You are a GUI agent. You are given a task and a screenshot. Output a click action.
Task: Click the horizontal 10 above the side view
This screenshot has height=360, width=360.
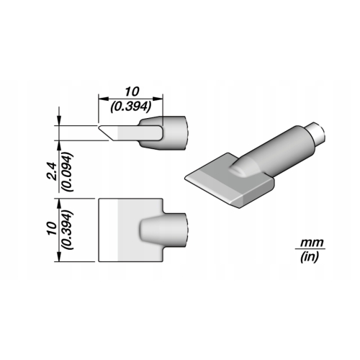[x=132, y=91]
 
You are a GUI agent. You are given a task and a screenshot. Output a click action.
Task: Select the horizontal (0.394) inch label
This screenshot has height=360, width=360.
[x=131, y=107]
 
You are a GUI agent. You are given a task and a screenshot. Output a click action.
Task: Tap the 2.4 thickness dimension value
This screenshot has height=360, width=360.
[x=52, y=171]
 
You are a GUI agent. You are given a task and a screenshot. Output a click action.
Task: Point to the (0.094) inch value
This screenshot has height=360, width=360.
[x=67, y=172]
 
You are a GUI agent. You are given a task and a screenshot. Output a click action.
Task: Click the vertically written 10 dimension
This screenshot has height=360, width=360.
[x=52, y=228]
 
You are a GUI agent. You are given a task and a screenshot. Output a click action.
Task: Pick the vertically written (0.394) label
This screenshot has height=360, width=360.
[x=67, y=230]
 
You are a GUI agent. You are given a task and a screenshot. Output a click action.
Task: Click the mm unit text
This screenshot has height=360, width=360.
[x=312, y=243]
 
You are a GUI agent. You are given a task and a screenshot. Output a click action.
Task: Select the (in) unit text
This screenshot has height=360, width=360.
[x=310, y=257]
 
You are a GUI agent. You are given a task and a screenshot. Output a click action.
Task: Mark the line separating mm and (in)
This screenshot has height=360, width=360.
[x=310, y=249]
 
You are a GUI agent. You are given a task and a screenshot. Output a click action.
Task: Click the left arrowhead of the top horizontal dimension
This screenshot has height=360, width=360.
[x=103, y=99]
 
